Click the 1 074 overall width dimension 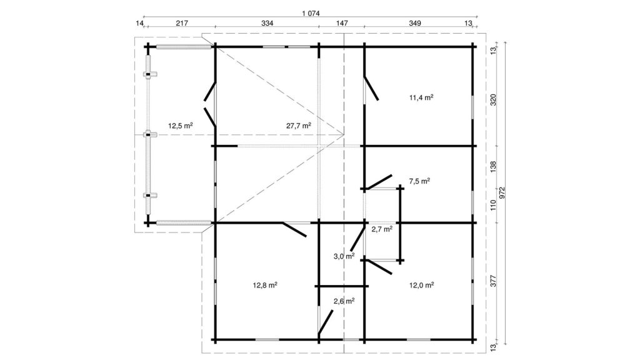(x=311, y=13)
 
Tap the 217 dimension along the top (x=182, y=23)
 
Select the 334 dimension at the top (x=267, y=23)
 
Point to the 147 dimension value (x=342, y=23)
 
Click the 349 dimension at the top (x=415, y=23)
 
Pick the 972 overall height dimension (x=502, y=192)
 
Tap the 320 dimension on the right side (x=493, y=100)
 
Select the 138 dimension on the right (x=493, y=167)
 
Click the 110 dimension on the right (x=493, y=205)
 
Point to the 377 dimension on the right (x=493, y=281)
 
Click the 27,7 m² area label (x=298, y=126)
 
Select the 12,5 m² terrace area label (x=181, y=126)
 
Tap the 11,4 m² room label (x=421, y=97)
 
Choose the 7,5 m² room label (x=419, y=181)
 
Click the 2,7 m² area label (x=382, y=229)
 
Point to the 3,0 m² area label (x=344, y=256)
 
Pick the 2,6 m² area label (x=344, y=302)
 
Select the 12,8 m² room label (x=265, y=285)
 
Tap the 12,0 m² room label (x=422, y=285)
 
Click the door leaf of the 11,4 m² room (x=371, y=87)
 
